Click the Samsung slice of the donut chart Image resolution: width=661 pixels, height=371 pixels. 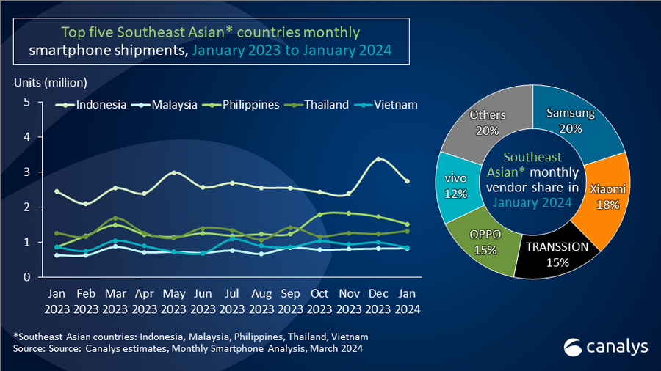click(x=577, y=121)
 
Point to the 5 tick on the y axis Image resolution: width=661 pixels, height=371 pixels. click(x=26, y=102)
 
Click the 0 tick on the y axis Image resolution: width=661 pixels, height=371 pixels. click(x=26, y=277)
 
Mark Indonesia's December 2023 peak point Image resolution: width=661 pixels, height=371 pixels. click(x=378, y=159)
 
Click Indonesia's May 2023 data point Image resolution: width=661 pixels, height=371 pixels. click(x=173, y=173)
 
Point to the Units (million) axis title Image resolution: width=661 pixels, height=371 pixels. click(x=49, y=81)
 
